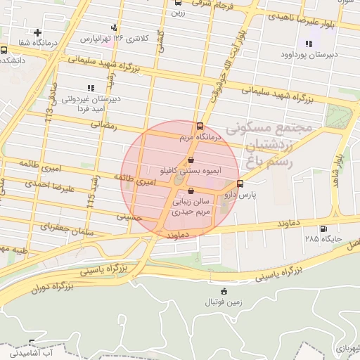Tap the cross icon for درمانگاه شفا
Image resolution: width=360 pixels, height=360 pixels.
[37, 32]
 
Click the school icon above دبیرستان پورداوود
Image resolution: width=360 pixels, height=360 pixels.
[308, 44]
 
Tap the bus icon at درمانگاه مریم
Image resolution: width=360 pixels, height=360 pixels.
[200, 127]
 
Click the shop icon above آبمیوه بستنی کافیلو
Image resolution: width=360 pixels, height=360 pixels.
[191, 161]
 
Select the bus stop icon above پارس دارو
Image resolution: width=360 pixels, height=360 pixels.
[241, 184]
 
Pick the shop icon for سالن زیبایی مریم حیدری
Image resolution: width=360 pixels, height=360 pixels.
[191, 190]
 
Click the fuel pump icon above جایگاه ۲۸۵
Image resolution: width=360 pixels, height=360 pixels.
[323, 229]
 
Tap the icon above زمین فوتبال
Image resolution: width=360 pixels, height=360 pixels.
[224, 292]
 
